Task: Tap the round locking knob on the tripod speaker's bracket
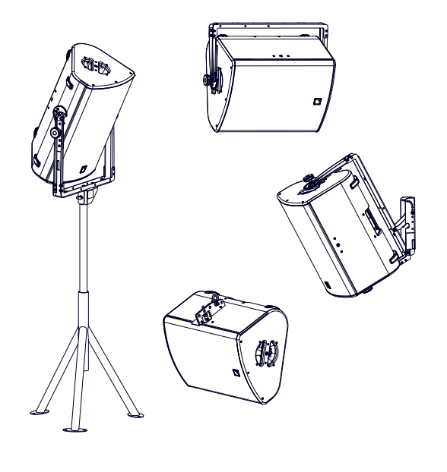click(x=56, y=132)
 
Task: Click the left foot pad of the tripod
click(x=37, y=414)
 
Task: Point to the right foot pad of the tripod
click(x=136, y=414)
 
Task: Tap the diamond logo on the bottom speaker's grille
click(x=234, y=370)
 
